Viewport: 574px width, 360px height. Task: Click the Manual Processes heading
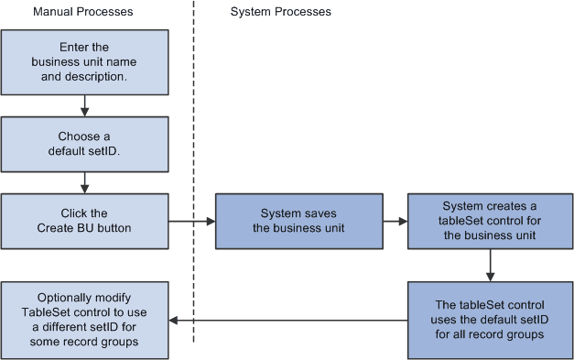82,12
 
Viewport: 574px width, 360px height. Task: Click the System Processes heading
280,12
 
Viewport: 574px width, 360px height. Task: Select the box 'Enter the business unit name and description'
85,61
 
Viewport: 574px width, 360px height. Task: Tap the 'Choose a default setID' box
85,144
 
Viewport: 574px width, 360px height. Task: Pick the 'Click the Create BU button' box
85,221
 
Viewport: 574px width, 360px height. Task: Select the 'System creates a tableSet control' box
491,221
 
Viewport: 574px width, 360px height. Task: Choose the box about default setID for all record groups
491,321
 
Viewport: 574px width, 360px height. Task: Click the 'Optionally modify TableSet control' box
85,321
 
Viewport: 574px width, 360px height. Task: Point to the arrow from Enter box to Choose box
85,106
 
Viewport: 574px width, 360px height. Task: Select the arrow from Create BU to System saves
192,221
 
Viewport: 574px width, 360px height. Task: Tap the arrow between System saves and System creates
394,221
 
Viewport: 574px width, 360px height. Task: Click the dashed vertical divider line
193,137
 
